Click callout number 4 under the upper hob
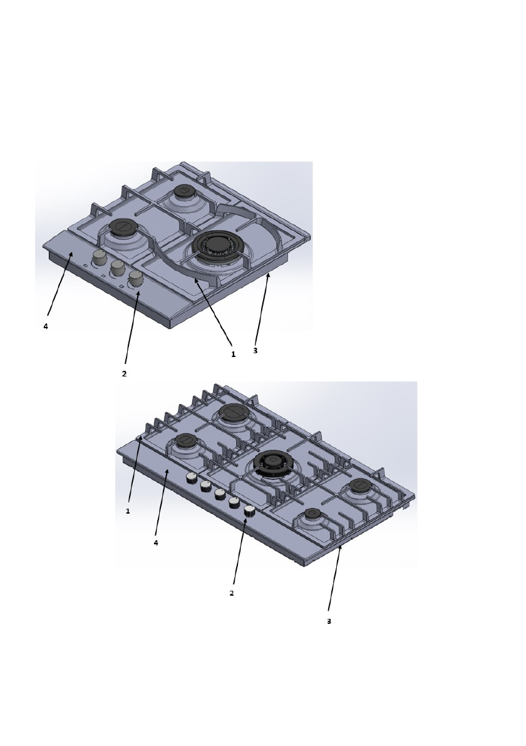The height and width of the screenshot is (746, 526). coord(46,327)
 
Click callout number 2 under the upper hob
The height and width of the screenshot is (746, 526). coord(124,374)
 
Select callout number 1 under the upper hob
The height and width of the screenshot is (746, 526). coord(233,355)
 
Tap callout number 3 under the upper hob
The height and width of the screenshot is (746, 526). coord(255,351)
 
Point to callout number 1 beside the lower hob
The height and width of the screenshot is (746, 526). coord(128,511)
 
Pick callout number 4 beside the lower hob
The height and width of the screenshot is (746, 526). coord(156,543)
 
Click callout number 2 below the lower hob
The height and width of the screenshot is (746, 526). coord(232,593)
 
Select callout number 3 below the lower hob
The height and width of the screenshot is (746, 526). coord(329,621)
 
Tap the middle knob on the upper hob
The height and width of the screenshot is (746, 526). coord(117,269)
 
